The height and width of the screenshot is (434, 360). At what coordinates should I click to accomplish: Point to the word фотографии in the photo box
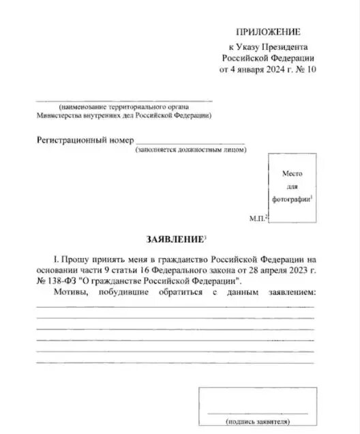pos(291,198)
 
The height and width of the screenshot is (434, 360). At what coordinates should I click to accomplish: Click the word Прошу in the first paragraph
pos(74,259)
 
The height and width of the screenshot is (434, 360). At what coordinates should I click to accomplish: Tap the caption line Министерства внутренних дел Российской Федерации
pos(123,115)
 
